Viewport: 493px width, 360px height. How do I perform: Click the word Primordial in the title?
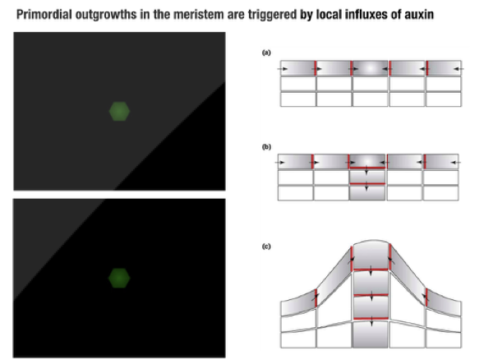click(x=44, y=15)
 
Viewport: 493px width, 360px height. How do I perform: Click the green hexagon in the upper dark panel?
click(x=119, y=111)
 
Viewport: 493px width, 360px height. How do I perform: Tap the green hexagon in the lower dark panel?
click(x=119, y=278)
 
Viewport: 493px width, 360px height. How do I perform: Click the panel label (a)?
click(x=266, y=53)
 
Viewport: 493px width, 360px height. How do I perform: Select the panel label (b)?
click(x=266, y=147)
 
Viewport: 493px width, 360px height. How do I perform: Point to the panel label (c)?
click(x=266, y=247)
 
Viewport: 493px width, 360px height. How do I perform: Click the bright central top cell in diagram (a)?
click(x=371, y=68)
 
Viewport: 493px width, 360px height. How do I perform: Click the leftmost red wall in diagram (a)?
click(x=316, y=68)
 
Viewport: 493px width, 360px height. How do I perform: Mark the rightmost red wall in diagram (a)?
click(x=427, y=68)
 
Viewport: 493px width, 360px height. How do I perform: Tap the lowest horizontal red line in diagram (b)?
click(x=367, y=183)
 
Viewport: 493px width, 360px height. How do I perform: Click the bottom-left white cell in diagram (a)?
click(x=298, y=99)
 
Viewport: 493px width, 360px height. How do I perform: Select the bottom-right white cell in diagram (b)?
click(x=440, y=193)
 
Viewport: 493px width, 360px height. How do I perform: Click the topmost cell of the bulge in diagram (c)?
click(x=371, y=255)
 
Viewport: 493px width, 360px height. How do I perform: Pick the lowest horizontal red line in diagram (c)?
click(x=371, y=319)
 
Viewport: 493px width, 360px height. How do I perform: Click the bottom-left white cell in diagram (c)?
click(x=298, y=339)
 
